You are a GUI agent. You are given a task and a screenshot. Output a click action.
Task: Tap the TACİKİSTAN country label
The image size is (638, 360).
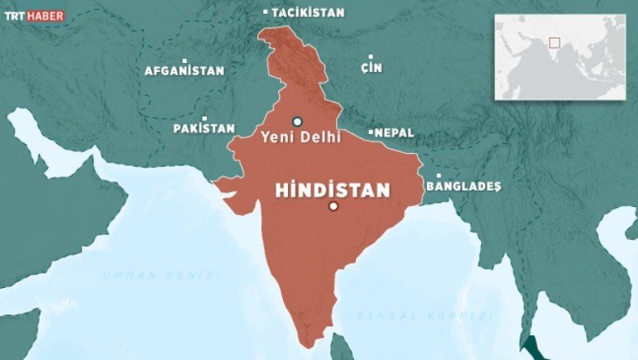(308, 13)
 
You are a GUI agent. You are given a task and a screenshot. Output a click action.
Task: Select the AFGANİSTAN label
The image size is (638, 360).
(184, 71)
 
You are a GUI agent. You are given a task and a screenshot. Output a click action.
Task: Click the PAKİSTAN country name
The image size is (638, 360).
(204, 129)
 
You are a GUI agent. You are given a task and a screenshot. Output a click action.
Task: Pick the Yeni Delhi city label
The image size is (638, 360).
(300, 137)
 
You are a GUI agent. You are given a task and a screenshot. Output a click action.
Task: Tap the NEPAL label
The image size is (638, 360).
(394, 133)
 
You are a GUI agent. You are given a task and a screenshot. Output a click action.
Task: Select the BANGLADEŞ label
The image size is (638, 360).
(463, 187)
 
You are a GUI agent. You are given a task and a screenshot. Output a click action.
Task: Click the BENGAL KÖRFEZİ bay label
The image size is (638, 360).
(425, 315)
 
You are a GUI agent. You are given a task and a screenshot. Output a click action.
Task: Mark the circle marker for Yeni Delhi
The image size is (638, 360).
(297, 121)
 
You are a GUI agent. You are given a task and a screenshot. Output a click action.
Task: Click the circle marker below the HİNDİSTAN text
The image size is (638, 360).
(333, 206)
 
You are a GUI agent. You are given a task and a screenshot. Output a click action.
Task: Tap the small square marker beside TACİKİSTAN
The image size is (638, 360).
(266, 12)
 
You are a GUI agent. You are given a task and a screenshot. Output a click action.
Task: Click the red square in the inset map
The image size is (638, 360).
(554, 43)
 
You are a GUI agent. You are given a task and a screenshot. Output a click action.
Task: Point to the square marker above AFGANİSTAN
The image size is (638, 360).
(185, 61)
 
